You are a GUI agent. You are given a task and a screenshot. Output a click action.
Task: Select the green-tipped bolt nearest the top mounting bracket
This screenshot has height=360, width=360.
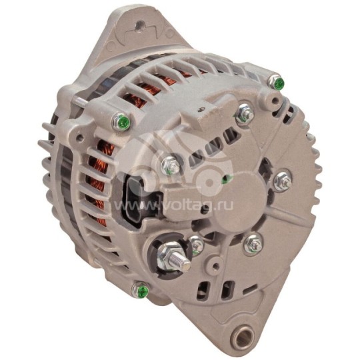[x=121, y=122]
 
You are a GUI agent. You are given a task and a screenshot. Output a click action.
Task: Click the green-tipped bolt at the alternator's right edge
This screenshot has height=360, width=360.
[x=276, y=83]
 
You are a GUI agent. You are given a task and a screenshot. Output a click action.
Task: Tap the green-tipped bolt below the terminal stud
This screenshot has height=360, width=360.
[x=140, y=290]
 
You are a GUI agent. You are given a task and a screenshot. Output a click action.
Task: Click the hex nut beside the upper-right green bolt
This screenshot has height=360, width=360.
[x=245, y=114]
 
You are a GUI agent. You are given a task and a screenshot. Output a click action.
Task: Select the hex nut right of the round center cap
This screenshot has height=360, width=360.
[x=282, y=179]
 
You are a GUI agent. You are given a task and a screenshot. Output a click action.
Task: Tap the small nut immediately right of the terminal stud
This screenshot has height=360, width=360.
[x=197, y=245]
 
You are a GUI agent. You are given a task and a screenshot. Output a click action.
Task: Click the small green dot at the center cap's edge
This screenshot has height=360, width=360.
[x=227, y=179]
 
